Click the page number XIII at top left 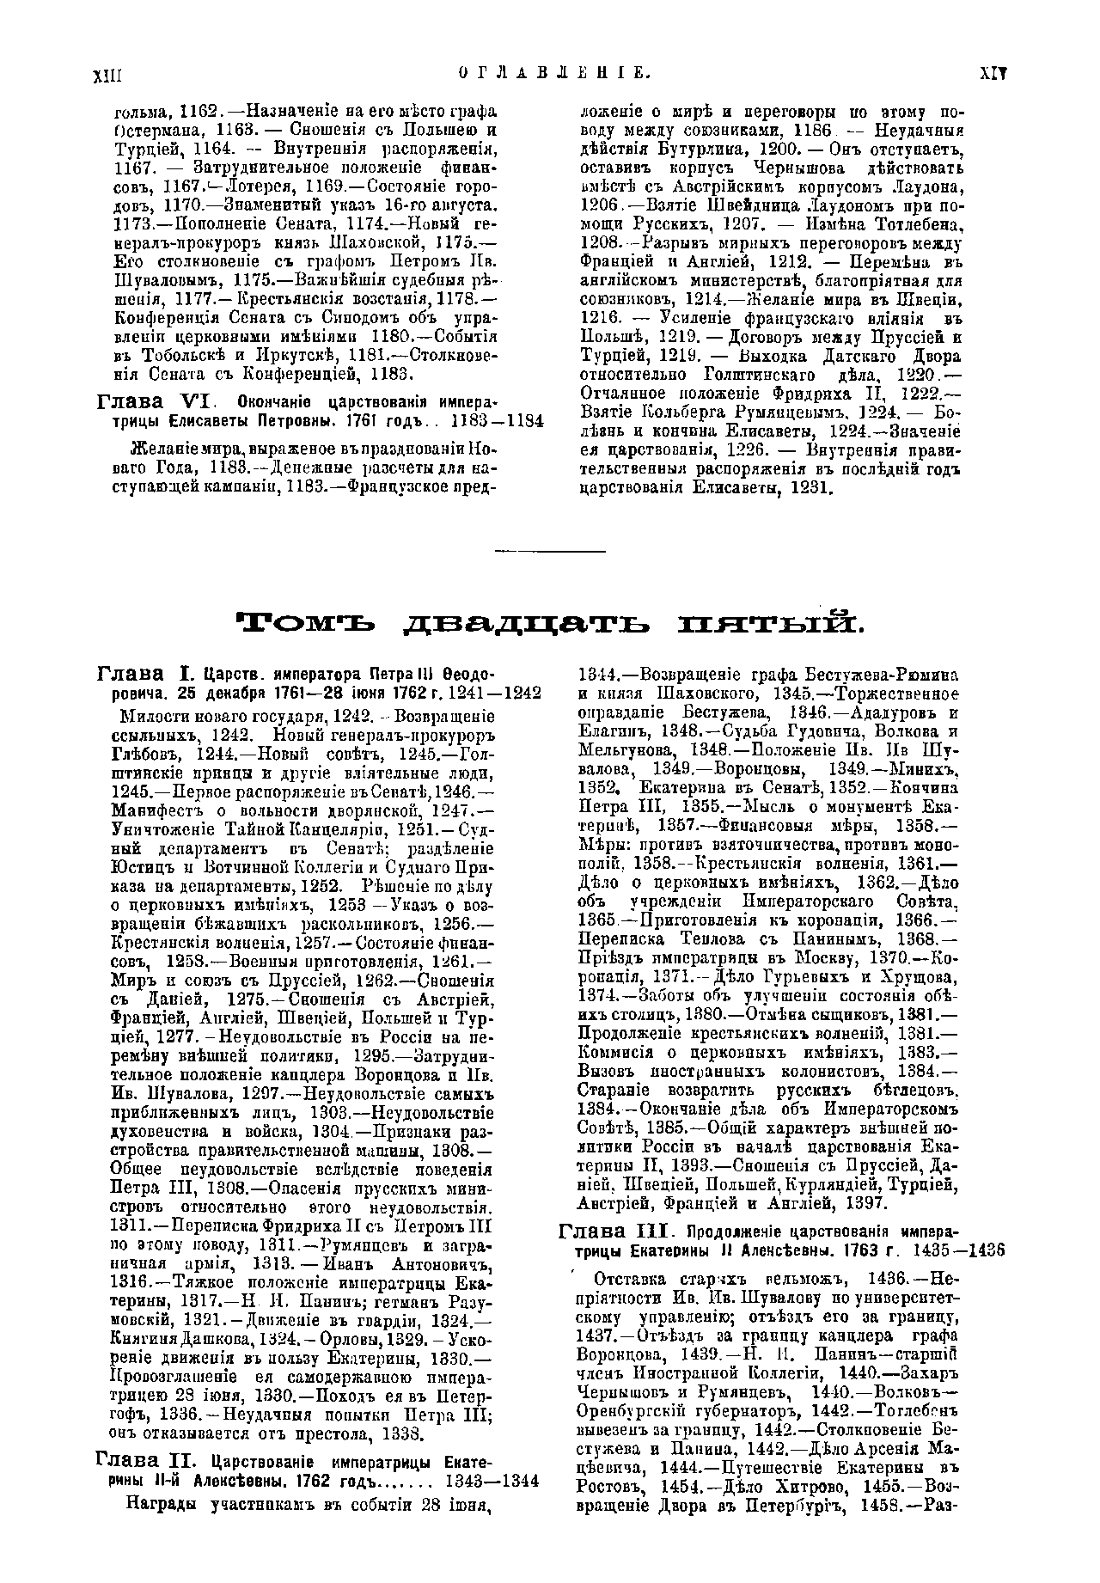tap(109, 75)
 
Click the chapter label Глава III tap(613, 1232)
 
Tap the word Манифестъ tap(154, 811)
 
